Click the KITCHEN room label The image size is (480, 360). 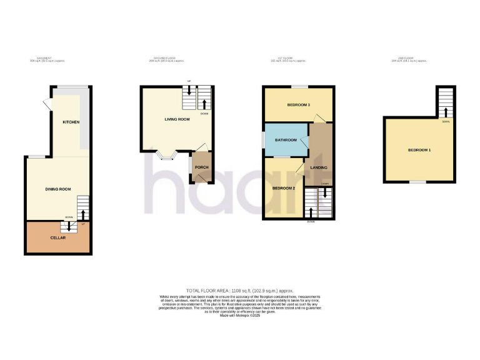point(71,122)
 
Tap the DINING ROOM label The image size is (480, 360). point(57,189)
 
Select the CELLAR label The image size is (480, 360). point(57,238)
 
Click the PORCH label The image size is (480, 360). point(201,167)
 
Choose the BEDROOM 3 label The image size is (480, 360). point(298,104)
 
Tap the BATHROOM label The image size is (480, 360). point(285,139)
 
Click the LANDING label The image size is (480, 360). point(319,167)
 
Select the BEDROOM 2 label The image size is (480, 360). point(283,188)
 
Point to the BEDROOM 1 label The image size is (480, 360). point(419,150)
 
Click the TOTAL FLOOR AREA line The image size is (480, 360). point(239,291)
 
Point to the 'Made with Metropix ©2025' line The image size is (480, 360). point(239,316)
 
